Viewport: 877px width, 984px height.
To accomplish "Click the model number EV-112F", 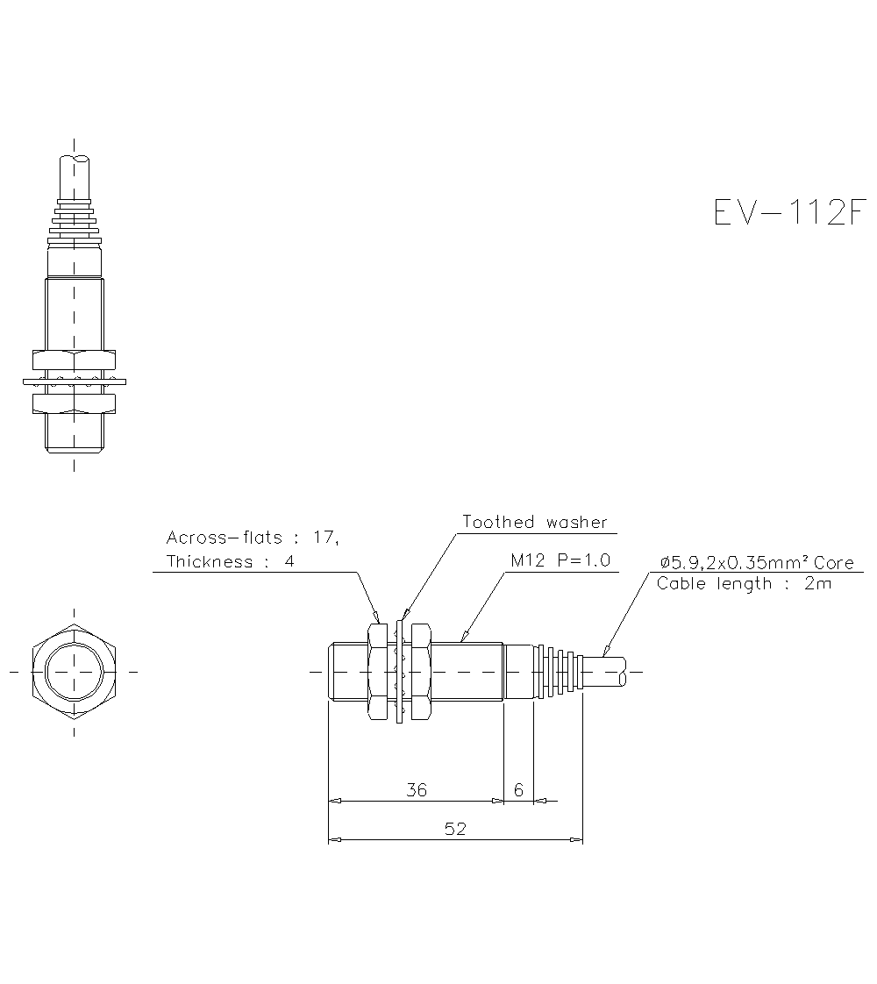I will [x=789, y=212].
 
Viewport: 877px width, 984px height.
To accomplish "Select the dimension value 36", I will [x=417, y=790].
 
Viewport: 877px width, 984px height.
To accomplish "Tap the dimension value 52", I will [x=455, y=830].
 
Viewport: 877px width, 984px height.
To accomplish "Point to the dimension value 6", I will [x=518, y=790].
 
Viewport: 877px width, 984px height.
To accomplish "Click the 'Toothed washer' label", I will [x=534, y=523].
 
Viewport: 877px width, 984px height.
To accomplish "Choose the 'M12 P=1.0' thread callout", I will [x=560, y=560].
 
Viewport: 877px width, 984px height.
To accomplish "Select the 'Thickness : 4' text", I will [x=230, y=561].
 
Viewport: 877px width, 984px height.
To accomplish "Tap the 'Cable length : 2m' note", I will [x=743, y=584].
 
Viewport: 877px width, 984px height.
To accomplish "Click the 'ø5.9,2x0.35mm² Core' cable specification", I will [x=756, y=563].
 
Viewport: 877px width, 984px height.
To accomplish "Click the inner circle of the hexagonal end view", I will [x=74, y=672].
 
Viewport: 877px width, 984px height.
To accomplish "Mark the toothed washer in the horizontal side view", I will [x=401, y=672].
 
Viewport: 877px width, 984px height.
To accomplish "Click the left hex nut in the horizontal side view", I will [x=377, y=672].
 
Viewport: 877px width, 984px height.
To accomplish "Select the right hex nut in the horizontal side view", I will [x=421, y=672].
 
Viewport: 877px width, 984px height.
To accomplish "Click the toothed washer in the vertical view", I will [x=75, y=381].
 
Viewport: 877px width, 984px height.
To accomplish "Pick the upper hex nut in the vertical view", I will [x=75, y=359].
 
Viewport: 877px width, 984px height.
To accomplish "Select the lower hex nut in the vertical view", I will [x=75, y=403].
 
